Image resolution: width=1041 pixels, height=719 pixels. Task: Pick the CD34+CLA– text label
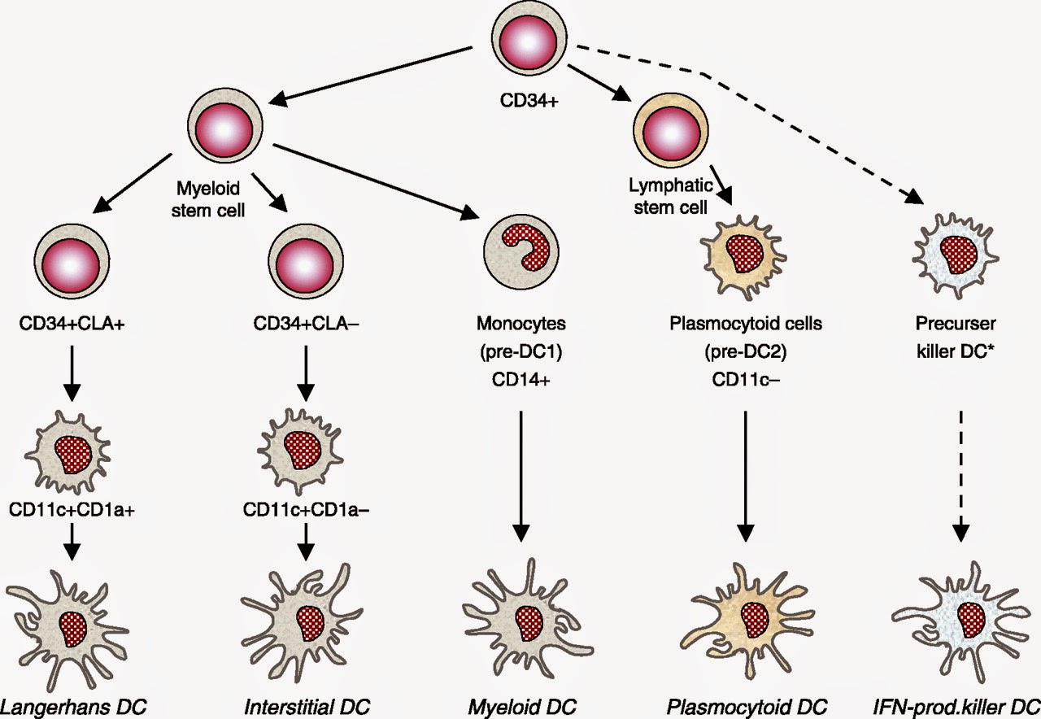tap(306, 322)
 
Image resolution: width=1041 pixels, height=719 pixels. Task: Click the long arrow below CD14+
tap(521, 472)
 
